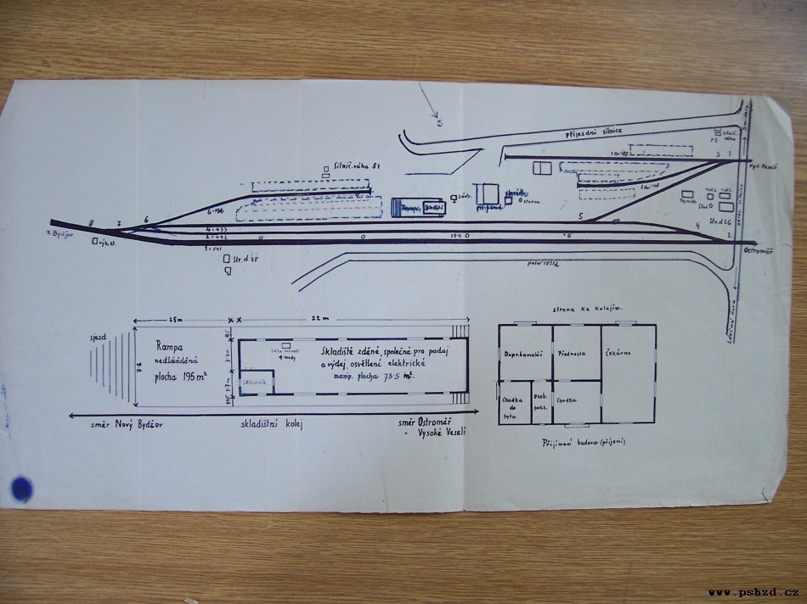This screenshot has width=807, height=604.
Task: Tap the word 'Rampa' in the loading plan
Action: (171, 346)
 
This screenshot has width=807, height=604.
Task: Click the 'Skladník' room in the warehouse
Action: (255, 383)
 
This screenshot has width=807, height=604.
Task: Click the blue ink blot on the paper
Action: (20, 488)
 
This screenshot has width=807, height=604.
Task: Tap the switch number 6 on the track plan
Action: (146, 220)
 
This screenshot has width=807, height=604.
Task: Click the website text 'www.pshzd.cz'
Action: (753, 592)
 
